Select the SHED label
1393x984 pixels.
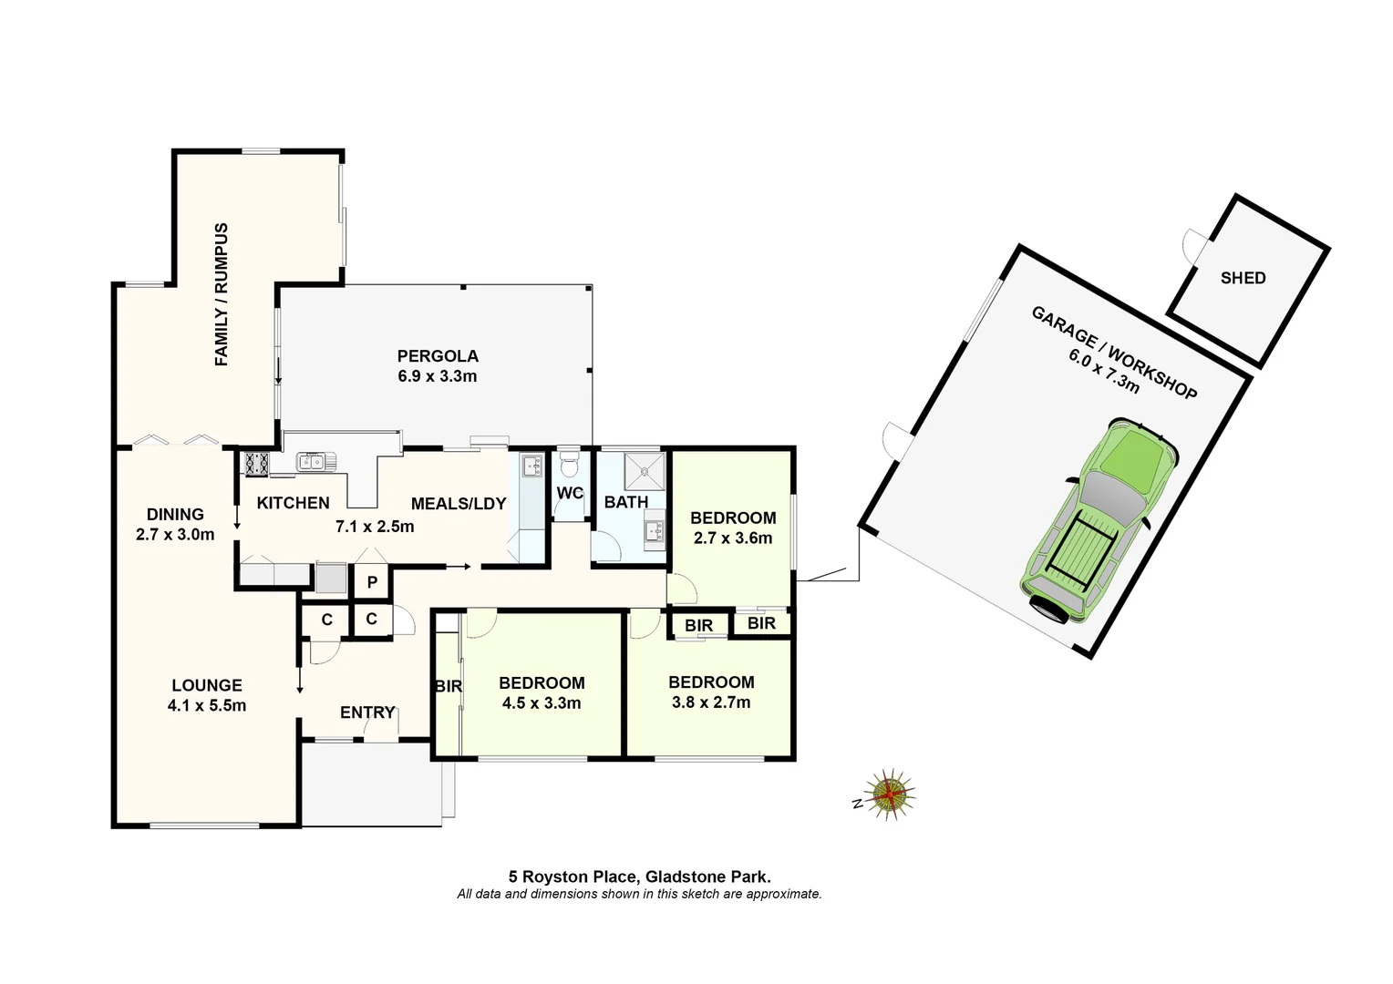point(1243,278)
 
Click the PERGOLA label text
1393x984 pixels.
point(438,356)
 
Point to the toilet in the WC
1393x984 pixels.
point(569,466)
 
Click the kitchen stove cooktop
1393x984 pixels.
point(256,464)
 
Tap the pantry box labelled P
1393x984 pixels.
point(372,582)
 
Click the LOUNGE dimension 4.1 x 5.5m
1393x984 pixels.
point(207,705)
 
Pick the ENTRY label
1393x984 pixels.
point(367,712)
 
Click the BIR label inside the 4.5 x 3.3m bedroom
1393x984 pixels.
point(449,686)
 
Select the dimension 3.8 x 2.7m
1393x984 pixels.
point(711,702)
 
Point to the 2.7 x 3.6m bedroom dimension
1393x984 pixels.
point(733,538)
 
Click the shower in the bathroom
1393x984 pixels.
point(645,471)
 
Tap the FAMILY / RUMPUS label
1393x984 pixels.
point(222,294)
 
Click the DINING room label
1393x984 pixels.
point(175,515)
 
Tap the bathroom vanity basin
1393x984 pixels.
point(654,530)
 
